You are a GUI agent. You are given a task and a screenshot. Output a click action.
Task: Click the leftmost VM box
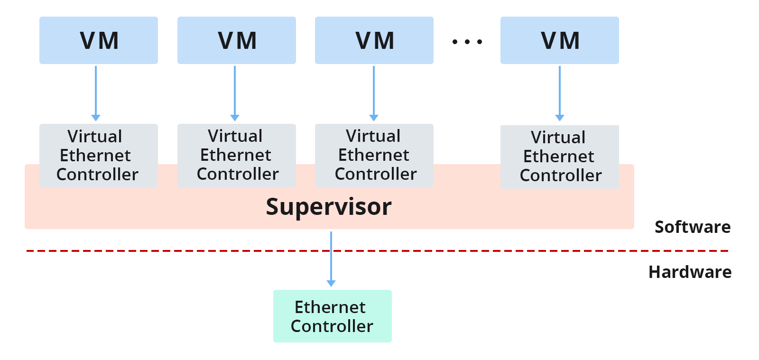click(x=99, y=40)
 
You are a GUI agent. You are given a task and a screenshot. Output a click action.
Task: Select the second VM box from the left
click(x=237, y=40)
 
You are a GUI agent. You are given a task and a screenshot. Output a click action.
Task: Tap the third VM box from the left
click(x=374, y=40)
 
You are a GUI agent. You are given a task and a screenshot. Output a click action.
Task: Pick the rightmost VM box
click(x=560, y=40)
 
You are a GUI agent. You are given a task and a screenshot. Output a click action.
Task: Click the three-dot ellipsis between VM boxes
click(x=467, y=42)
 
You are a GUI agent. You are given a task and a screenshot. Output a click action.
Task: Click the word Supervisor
click(x=329, y=207)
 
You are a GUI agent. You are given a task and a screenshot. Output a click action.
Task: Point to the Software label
click(x=692, y=227)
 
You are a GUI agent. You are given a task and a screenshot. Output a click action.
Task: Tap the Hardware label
click(x=690, y=272)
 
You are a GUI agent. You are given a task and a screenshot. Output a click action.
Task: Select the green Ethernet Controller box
click(x=332, y=316)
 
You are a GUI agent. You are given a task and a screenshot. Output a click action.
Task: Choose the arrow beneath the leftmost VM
click(x=96, y=92)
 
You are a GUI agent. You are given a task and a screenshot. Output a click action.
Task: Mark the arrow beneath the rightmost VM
click(x=560, y=92)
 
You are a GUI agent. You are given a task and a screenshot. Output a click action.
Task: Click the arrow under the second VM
click(x=235, y=92)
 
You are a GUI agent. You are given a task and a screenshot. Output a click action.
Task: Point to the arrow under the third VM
click(x=374, y=92)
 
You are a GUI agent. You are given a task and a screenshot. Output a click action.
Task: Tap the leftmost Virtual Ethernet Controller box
click(x=99, y=155)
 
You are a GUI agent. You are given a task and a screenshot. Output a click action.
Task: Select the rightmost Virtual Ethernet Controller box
click(x=560, y=157)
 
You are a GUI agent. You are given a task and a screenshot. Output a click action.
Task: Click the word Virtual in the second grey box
click(x=235, y=136)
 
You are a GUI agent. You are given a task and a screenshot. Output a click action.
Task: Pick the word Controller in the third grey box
click(x=376, y=174)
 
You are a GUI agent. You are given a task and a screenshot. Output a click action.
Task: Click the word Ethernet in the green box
click(x=330, y=307)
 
